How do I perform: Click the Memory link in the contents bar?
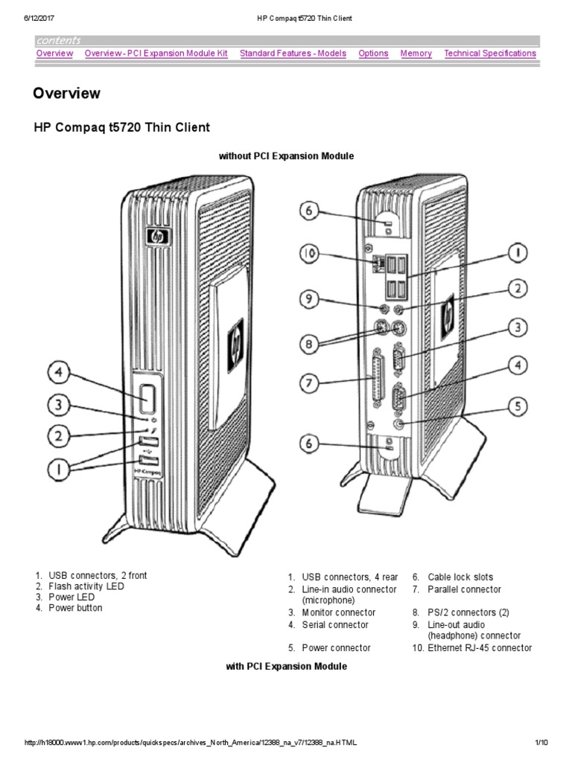(x=416, y=54)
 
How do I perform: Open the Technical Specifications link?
(x=489, y=54)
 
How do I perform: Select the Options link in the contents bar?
(x=373, y=54)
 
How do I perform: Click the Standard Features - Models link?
(x=293, y=54)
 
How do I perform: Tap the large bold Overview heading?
(x=66, y=94)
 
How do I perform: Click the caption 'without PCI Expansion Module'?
(x=286, y=156)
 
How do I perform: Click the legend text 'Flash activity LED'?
(x=86, y=587)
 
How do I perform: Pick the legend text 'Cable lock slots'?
(x=460, y=577)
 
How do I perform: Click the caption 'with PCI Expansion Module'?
(x=286, y=667)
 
